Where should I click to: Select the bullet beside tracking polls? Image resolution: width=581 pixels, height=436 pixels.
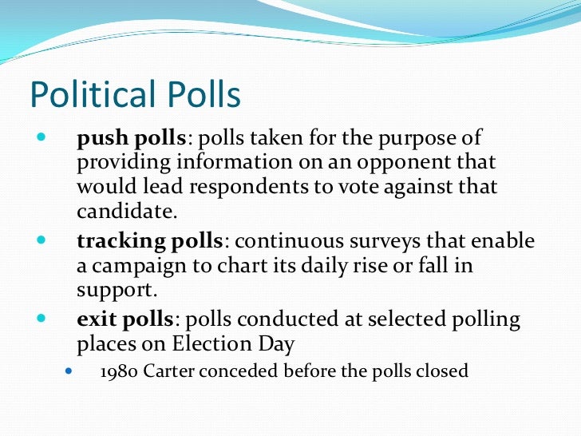41,239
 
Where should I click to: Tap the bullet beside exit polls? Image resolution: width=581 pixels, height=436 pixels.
41,318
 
